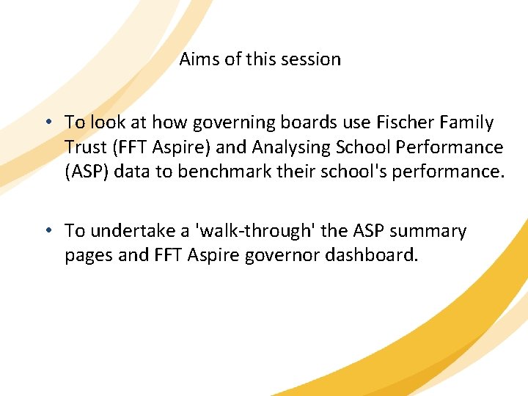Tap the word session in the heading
click(314, 59)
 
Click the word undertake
click(133, 231)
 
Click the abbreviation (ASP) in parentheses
click(85, 172)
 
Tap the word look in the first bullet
click(106, 122)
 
